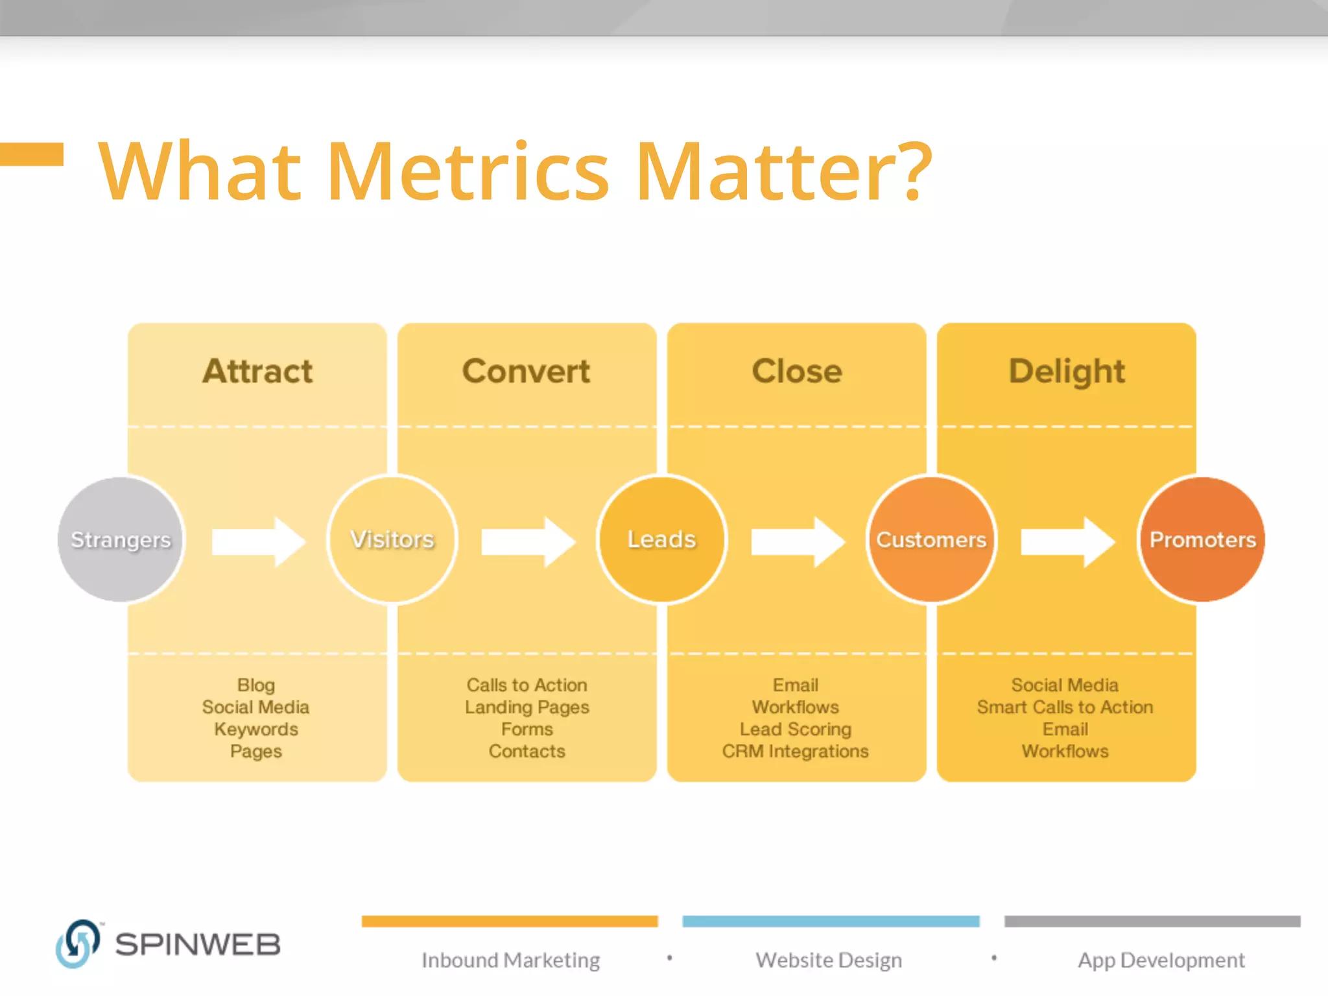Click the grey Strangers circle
(121, 539)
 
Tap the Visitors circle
(392, 539)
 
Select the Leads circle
(661, 539)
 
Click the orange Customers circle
(931, 539)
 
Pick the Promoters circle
(1202, 539)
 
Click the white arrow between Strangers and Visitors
(258, 541)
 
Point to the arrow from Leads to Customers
(798, 541)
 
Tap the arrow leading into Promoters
(1067, 541)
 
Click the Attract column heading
(257, 372)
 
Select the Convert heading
(526, 372)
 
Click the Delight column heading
(1067, 372)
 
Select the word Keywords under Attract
(256, 729)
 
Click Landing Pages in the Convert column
(527, 707)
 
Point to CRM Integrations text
(796, 752)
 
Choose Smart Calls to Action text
(1065, 707)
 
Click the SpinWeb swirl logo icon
(78, 943)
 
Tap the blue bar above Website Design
(831, 921)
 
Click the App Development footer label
(1161, 960)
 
